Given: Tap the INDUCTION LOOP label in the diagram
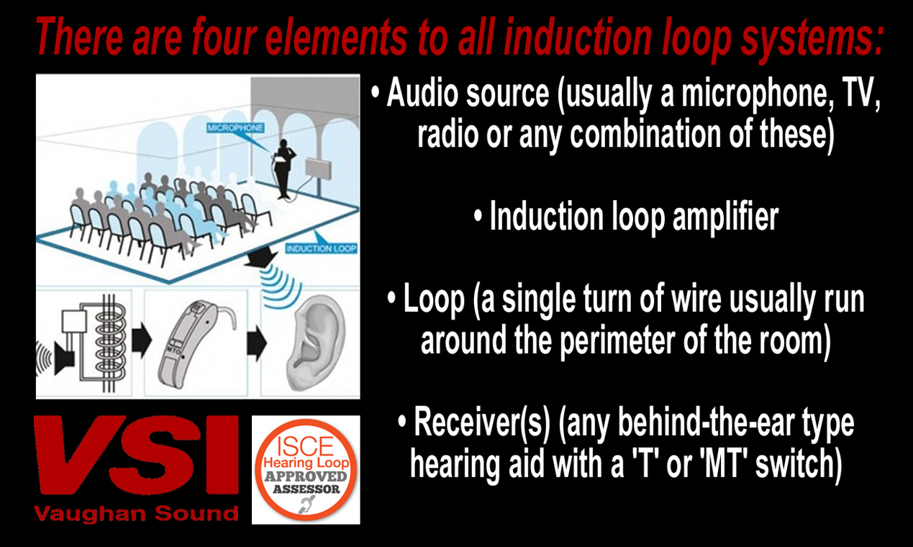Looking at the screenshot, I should pyautogui.click(x=321, y=249).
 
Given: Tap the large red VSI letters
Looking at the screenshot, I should pyautogui.click(x=137, y=458).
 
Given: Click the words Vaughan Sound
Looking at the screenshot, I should pyautogui.click(x=137, y=513).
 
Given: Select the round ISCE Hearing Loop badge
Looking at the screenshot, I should pyautogui.click(x=306, y=469).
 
